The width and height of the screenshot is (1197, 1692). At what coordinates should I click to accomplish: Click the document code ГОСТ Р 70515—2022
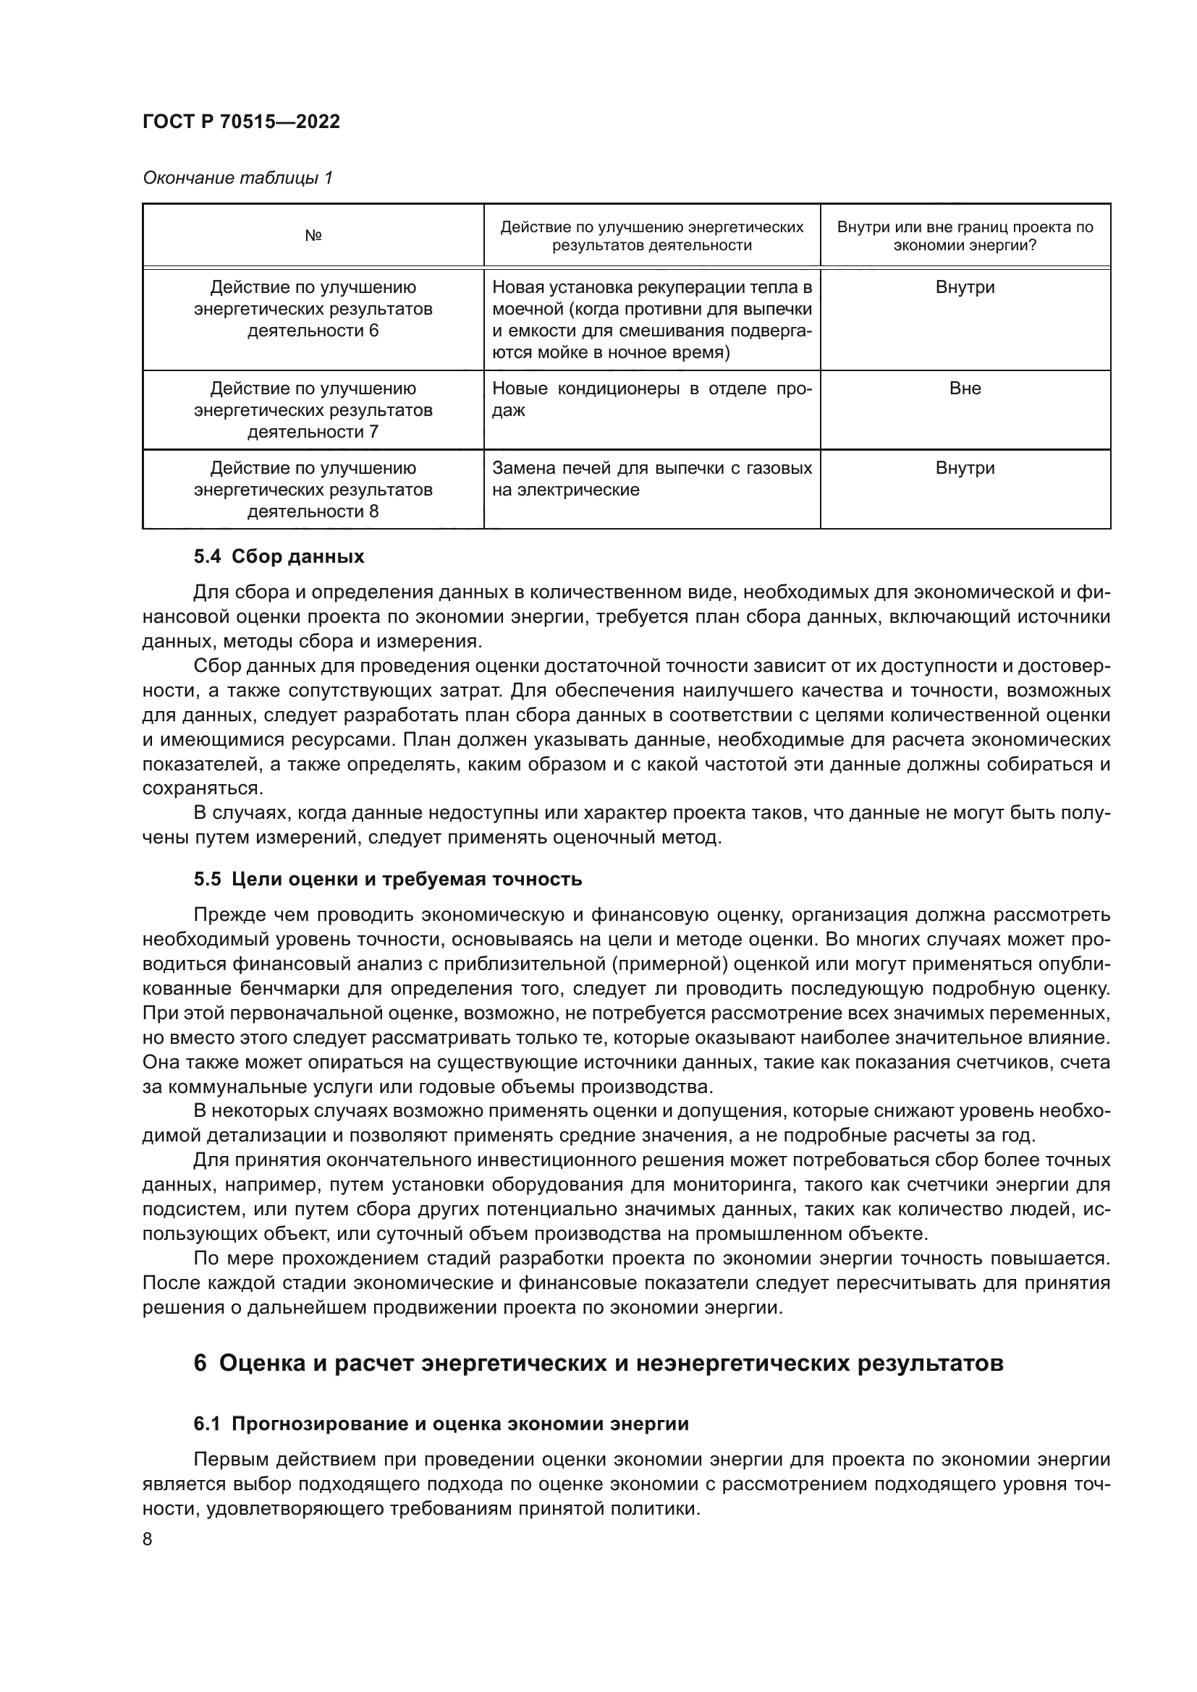coord(241,122)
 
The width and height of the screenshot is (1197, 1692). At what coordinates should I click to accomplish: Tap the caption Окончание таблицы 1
coord(237,178)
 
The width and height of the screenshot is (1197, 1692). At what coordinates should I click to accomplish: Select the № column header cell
coord(313,236)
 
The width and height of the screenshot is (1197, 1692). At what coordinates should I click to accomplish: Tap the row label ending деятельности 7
coord(313,410)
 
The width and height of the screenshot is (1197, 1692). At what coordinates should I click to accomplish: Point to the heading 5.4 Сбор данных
coord(279,556)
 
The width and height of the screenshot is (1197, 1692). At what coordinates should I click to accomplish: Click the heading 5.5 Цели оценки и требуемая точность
coord(388,879)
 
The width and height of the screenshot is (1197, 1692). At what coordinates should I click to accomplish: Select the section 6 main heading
coord(598,1364)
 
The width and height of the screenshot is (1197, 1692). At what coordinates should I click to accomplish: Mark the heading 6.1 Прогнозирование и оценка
coord(441,1424)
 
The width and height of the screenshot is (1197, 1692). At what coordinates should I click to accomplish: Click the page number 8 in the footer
coord(148,1539)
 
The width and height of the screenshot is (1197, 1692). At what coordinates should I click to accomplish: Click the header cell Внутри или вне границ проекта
coord(965,236)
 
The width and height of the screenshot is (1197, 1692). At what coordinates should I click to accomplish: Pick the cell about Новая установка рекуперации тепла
coord(651,320)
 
